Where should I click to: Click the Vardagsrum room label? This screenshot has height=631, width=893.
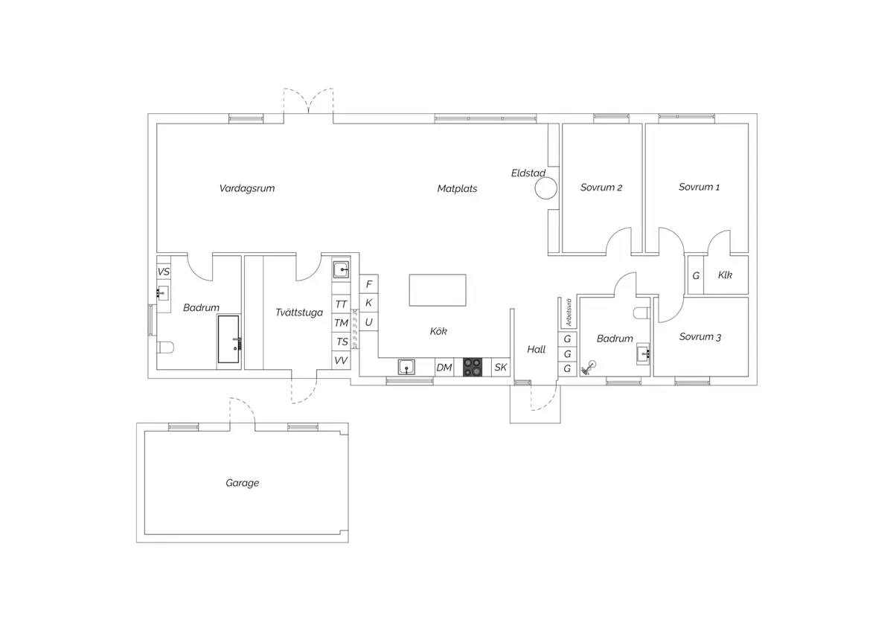click(x=247, y=188)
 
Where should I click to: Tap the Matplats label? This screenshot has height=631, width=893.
click(x=457, y=188)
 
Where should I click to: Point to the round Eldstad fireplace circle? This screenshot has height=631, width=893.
click(x=545, y=188)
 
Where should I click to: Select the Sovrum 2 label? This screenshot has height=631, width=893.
click(x=601, y=188)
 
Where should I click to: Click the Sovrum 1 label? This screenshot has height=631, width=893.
click(x=699, y=187)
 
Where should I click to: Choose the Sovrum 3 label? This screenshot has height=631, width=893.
click(x=700, y=337)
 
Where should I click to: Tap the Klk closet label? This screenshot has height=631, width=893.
click(x=725, y=275)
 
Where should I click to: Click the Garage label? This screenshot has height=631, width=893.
click(x=242, y=483)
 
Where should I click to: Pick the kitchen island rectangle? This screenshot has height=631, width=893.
click(x=438, y=289)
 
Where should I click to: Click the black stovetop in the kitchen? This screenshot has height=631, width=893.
click(x=472, y=367)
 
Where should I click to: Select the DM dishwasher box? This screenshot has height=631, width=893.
click(x=444, y=367)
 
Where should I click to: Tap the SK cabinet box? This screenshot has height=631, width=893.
click(x=500, y=367)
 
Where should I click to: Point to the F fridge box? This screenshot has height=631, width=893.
click(x=369, y=284)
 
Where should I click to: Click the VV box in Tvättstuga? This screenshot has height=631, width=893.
click(x=341, y=360)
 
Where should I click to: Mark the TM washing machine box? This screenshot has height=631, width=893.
click(x=341, y=322)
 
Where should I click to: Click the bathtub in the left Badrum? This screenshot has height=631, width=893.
click(x=228, y=339)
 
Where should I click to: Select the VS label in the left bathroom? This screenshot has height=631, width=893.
click(x=164, y=272)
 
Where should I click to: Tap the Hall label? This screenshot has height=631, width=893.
click(x=536, y=350)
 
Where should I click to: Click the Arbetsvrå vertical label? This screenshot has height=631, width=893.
click(x=569, y=313)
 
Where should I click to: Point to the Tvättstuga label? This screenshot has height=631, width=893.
click(x=299, y=312)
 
